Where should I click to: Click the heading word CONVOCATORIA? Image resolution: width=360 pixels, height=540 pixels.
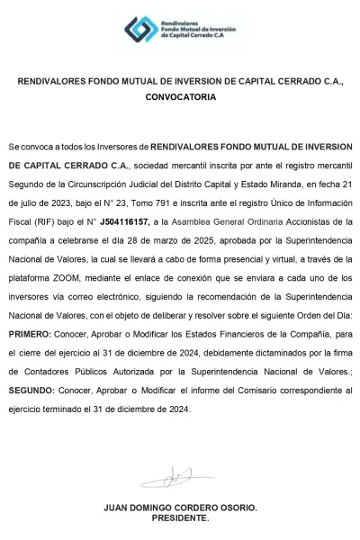click(181, 94)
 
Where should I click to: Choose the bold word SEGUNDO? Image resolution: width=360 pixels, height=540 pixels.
click(31, 393)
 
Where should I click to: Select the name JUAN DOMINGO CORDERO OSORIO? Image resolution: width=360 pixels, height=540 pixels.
click(181, 507)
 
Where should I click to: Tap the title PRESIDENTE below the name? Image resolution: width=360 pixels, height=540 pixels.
click(181, 517)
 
